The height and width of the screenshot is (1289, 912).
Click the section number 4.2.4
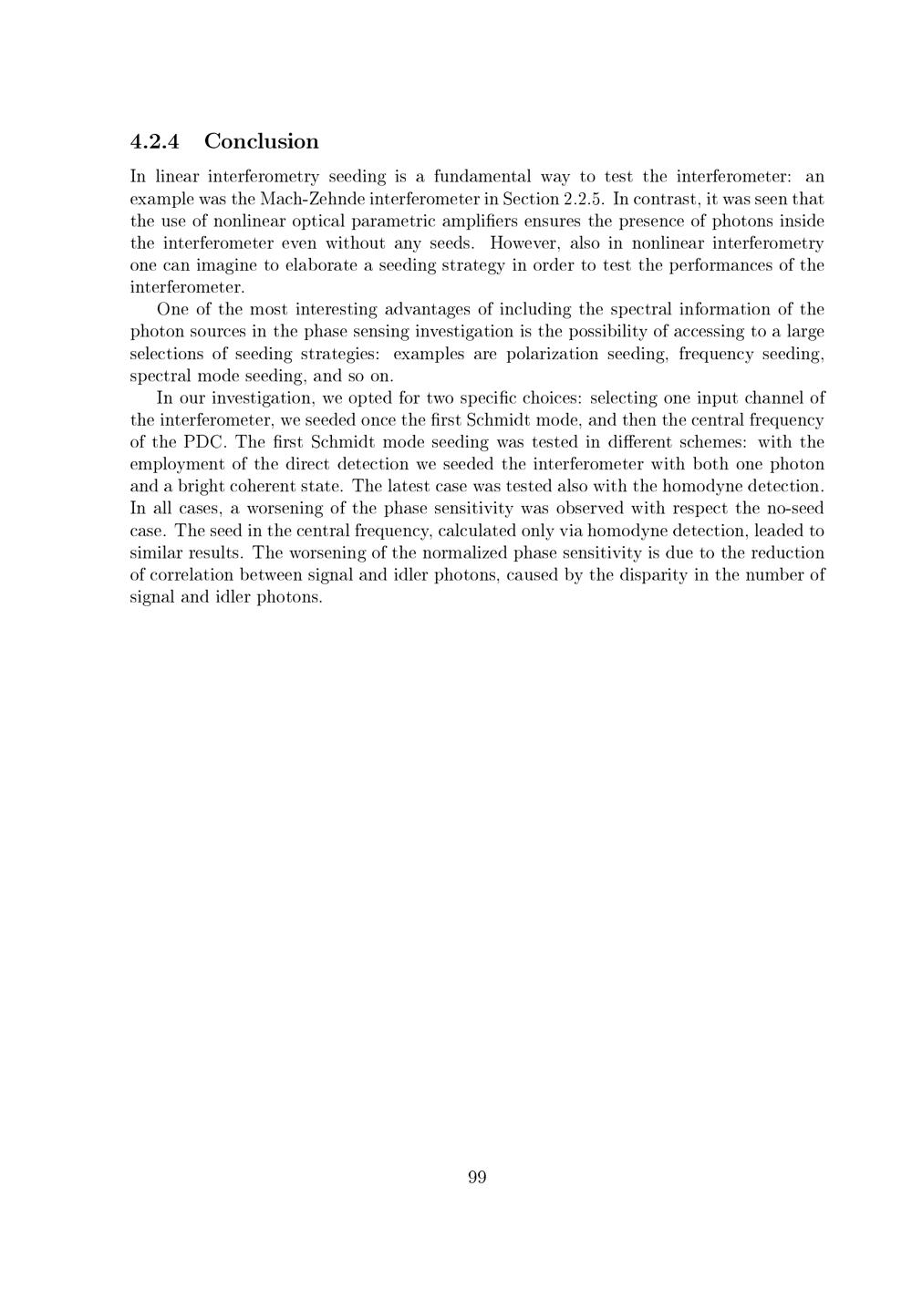click(x=155, y=141)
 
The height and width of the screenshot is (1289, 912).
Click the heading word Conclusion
click(x=262, y=141)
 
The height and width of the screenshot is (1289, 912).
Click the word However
click(x=525, y=242)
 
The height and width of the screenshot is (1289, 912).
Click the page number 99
click(x=477, y=1178)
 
